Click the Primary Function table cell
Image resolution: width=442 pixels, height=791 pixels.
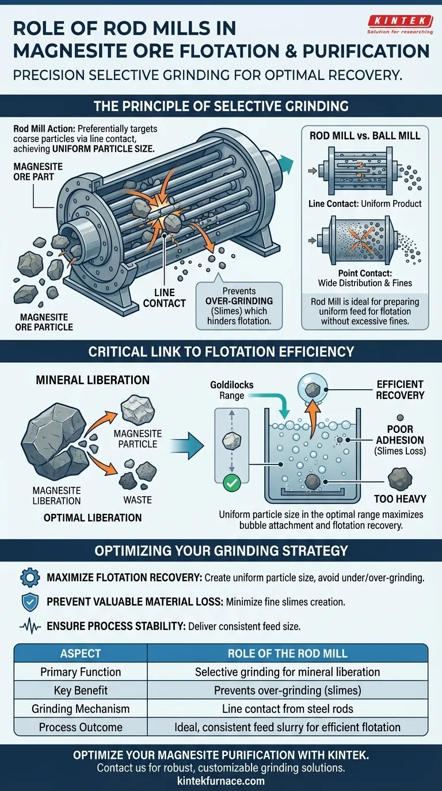pyautogui.click(x=81, y=672)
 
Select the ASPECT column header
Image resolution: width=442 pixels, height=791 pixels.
pyautogui.click(x=81, y=654)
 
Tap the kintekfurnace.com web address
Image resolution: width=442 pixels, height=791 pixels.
pyautogui.click(x=221, y=781)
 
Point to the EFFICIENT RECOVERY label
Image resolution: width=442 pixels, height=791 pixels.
pyautogui.click(x=400, y=390)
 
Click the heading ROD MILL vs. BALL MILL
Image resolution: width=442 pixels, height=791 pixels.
pyautogui.click(x=365, y=136)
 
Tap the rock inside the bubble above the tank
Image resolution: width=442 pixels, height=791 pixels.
pyautogui.click(x=313, y=390)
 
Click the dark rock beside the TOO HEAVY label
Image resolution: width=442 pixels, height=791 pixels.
pyautogui.click(x=398, y=478)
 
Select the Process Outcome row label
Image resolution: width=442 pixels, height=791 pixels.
pyautogui.click(x=81, y=727)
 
